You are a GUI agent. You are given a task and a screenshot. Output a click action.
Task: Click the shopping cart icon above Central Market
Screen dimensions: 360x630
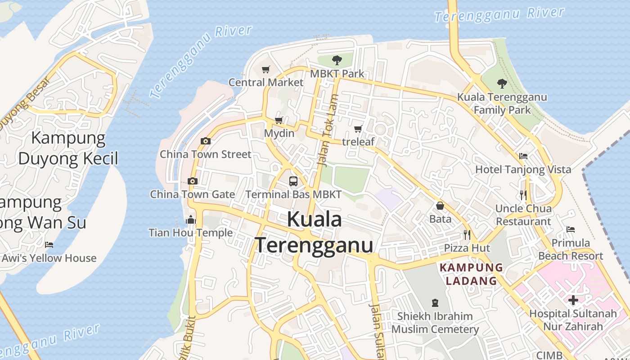pos(265,69)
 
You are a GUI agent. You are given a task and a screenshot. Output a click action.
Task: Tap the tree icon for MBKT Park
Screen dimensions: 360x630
pos(337,60)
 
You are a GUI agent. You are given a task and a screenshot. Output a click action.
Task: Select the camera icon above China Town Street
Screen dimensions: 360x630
pos(205,141)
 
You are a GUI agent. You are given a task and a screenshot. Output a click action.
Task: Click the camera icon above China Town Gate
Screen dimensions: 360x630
pos(192,181)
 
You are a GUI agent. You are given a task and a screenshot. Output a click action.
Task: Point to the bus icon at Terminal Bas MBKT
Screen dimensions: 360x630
pos(293,181)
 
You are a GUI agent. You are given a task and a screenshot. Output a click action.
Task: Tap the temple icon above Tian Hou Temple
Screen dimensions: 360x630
pos(191,220)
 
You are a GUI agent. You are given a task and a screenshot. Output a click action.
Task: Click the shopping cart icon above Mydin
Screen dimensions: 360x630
pos(279,120)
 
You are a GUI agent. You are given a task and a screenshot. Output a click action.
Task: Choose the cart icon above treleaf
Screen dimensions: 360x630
pos(358,129)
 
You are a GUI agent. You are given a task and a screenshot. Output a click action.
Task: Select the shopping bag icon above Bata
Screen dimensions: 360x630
pos(440,206)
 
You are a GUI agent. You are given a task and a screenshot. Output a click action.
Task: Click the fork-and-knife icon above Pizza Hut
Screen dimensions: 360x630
pos(467,234)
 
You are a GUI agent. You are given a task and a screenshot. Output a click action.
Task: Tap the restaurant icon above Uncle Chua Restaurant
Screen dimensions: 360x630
pos(523,195)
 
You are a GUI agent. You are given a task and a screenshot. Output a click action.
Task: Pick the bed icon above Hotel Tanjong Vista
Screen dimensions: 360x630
pos(523,156)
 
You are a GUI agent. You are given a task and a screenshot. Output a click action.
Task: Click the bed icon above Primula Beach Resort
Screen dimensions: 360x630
pos(571,229)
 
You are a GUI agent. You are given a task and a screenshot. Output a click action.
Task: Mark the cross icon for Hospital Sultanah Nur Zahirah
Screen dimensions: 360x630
pos(573,300)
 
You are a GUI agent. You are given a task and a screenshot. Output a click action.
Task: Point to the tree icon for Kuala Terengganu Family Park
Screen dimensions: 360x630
pos(502,84)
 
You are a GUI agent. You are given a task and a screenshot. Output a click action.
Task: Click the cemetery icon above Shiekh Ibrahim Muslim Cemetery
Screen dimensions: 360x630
pos(435,302)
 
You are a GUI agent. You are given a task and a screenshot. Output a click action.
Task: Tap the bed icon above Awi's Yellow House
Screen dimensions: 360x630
pos(49,245)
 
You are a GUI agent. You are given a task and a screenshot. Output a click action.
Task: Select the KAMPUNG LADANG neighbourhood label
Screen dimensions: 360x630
pos(471,274)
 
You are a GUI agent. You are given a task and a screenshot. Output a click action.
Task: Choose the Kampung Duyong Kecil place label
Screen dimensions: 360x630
pos(68,148)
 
